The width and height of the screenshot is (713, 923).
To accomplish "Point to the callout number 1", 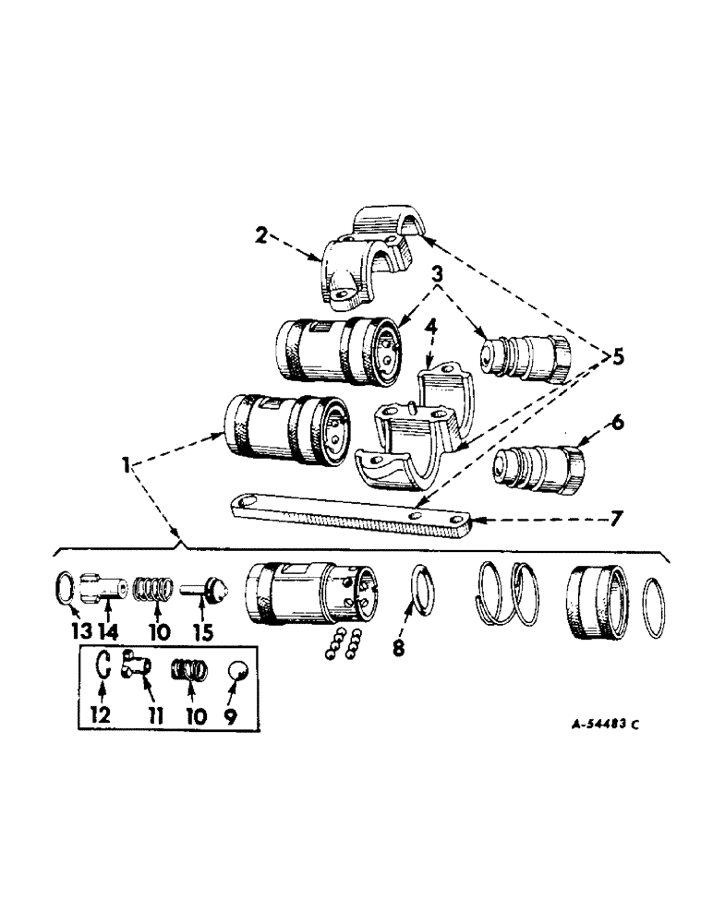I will point(120,465).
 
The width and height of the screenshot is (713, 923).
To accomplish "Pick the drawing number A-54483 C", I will point(589,724).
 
